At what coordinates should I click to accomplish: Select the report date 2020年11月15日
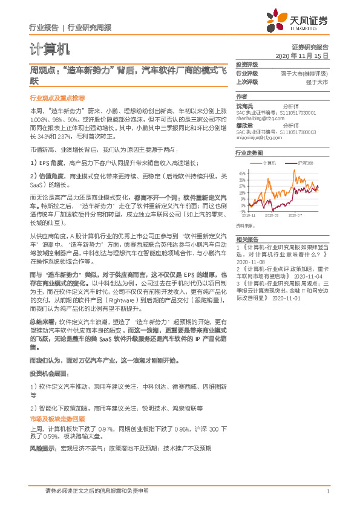click(301, 55)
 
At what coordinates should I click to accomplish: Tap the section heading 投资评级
click(246, 64)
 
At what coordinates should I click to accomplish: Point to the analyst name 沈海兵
click(244, 106)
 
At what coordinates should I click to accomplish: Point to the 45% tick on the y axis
click(242, 173)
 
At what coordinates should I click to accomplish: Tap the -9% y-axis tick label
click(242, 212)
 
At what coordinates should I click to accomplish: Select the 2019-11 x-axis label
click(249, 215)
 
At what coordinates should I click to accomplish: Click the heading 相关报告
click(246, 239)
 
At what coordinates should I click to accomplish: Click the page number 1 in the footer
click(327, 491)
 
